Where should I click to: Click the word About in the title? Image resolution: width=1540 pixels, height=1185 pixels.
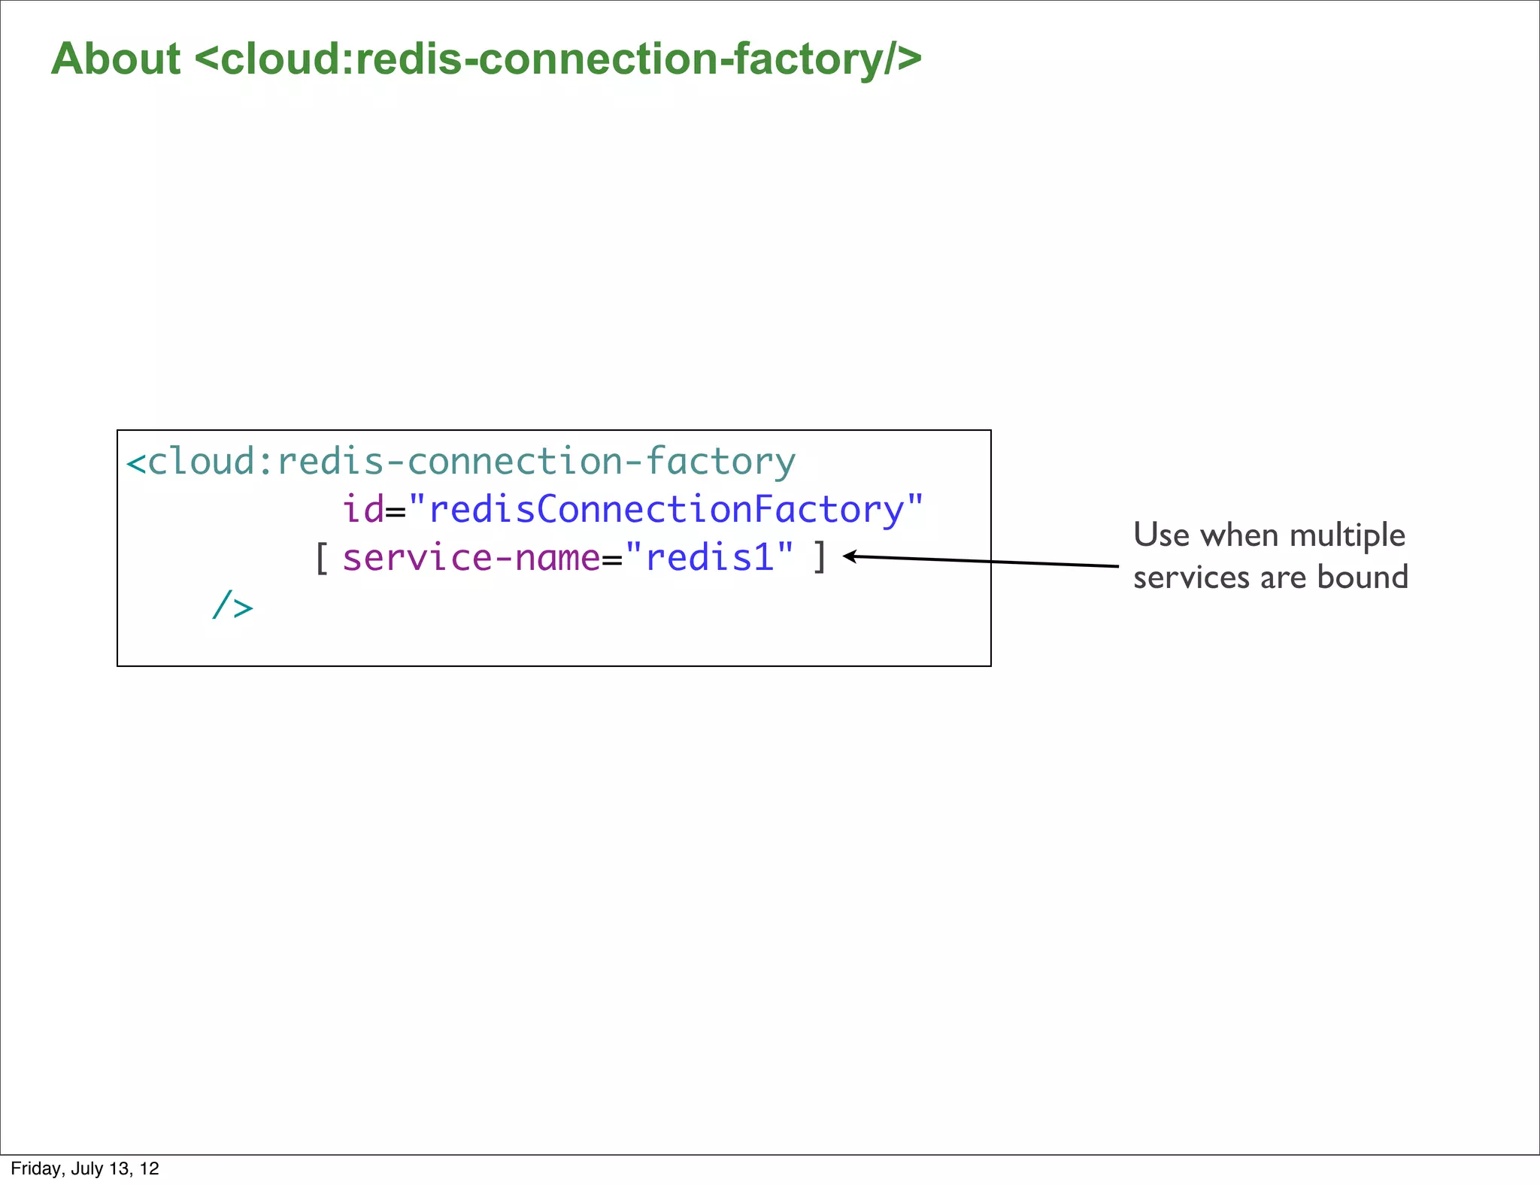[x=116, y=59]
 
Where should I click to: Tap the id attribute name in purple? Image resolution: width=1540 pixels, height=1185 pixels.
[x=362, y=509]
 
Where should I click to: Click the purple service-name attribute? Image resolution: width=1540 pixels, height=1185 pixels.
[x=471, y=558]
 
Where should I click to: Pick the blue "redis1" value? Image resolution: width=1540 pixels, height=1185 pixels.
[x=709, y=558]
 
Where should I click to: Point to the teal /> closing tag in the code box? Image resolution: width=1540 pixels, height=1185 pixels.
[x=232, y=605]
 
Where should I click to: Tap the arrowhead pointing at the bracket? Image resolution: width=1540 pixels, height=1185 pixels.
[x=848, y=556]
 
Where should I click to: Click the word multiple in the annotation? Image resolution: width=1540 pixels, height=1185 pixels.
[x=1347, y=535]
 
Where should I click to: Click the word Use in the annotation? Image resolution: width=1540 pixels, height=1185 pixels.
[x=1161, y=535]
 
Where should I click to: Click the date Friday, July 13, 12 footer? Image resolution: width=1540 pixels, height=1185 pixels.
[x=85, y=1168]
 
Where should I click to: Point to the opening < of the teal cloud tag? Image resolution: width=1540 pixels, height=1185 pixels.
[x=136, y=462]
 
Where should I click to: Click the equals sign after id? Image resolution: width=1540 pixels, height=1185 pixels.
[x=396, y=512]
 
